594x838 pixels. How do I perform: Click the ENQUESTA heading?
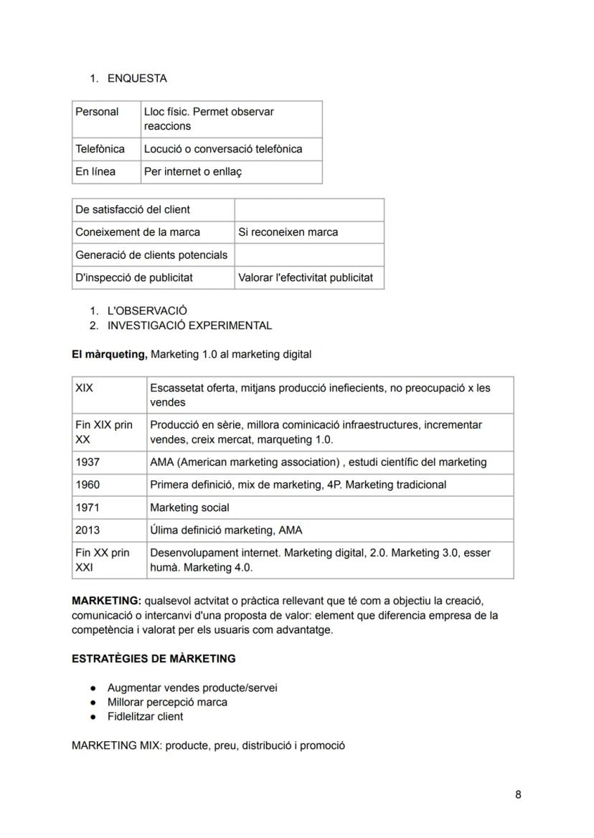point(137,79)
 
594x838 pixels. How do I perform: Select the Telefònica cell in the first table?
point(100,149)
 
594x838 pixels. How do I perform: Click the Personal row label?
point(97,112)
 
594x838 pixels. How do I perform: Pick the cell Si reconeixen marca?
point(288,232)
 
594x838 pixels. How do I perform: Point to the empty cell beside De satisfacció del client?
point(308,210)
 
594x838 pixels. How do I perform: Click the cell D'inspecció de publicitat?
point(134,277)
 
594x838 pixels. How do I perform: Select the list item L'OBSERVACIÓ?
point(147,311)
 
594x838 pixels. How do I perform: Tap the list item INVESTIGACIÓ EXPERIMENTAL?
point(189,325)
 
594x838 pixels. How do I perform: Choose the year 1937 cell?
point(88,462)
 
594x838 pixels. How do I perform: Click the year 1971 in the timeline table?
point(88,508)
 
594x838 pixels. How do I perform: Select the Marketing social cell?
point(189,508)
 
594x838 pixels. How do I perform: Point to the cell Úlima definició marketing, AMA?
point(226,530)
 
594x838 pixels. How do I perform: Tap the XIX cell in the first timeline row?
point(85,388)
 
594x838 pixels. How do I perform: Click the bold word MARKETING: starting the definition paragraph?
point(106,601)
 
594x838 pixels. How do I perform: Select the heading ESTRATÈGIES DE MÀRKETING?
point(154,658)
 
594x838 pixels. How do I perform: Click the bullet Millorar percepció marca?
point(167,703)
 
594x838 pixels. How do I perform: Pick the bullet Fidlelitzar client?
point(145,717)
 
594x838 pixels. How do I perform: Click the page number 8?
point(518,794)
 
